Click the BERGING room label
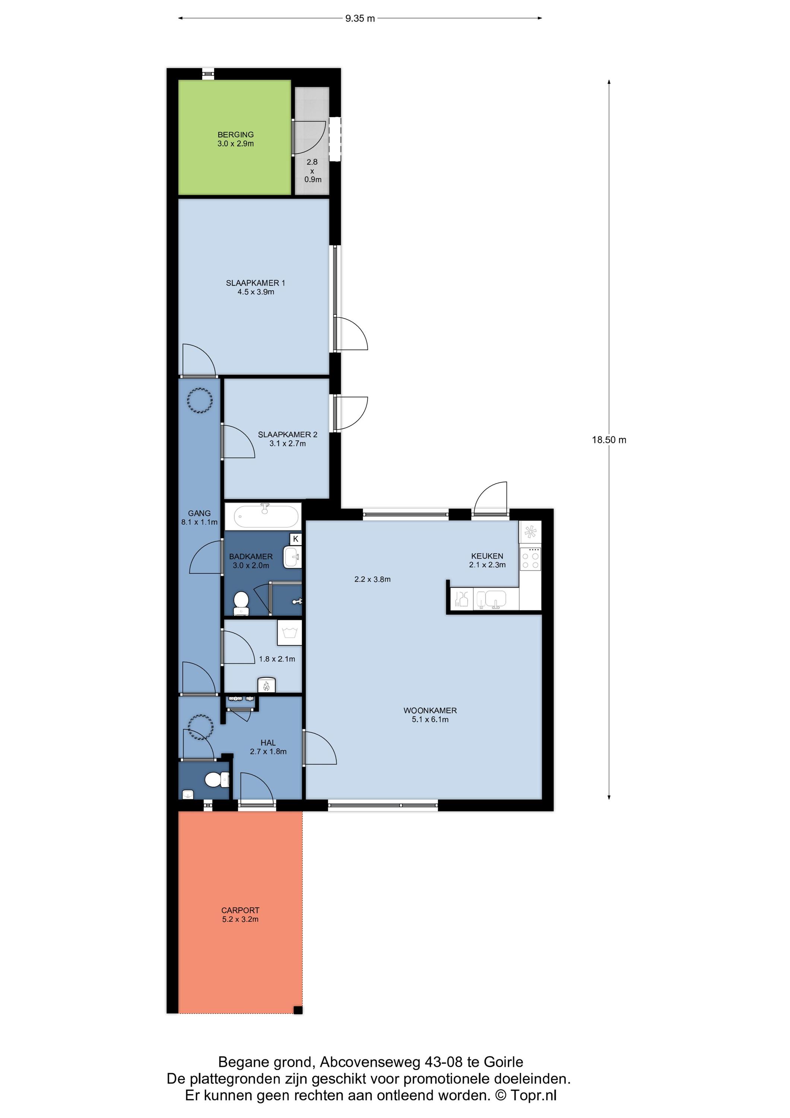tap(236, 135)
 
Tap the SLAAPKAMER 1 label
tap(256, 283)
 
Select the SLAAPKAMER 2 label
tap(288, 435)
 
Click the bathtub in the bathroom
tap(266, 516)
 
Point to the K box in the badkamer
tap(295, 539)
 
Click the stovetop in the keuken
tap(530, 559)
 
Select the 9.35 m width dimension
tap(360, 19)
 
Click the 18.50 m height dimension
tap(609, 440)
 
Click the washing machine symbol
tap(290, 632)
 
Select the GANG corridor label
tap(199, 513)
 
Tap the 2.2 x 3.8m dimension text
tap(372, 579)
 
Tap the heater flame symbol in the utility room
tap(266, 686)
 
